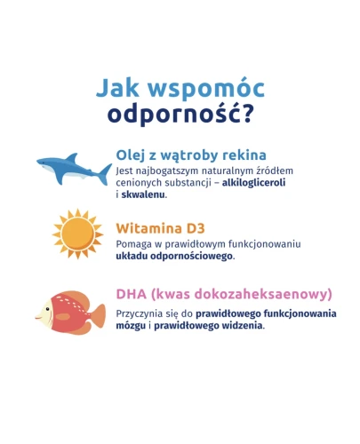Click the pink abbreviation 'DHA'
[133, 294]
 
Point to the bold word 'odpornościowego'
[194, 256]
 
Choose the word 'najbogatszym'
[161, 170]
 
